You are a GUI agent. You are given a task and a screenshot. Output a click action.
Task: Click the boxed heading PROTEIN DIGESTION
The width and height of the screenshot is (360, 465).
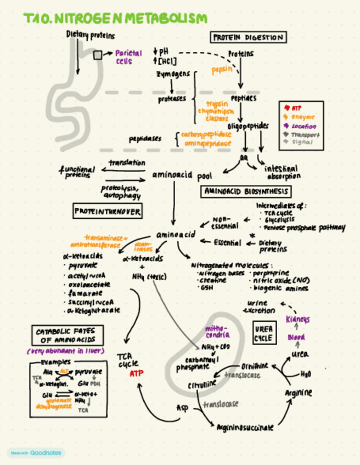coord(248,37)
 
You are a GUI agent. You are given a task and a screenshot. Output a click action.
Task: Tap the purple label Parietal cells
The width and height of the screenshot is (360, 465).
coord(128,57)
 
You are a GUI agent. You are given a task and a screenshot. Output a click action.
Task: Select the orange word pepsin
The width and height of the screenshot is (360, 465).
coord(222,70)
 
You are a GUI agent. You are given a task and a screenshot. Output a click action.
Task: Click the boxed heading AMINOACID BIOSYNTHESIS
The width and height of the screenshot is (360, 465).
coord(246,192)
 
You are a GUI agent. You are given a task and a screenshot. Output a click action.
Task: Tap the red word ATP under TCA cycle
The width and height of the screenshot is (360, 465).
coord(136,373)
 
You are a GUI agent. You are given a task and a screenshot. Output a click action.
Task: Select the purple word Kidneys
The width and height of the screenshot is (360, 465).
coord(298,319)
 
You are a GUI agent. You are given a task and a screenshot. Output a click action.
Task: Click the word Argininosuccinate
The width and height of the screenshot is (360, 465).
coord(245,427)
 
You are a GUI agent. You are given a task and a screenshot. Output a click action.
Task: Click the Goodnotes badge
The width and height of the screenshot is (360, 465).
coord(36,453)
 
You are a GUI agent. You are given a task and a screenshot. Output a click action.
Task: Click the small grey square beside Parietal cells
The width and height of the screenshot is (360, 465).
coord(97,55)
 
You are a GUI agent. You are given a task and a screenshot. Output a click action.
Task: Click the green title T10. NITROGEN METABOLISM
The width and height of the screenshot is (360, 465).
coord(115,18)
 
